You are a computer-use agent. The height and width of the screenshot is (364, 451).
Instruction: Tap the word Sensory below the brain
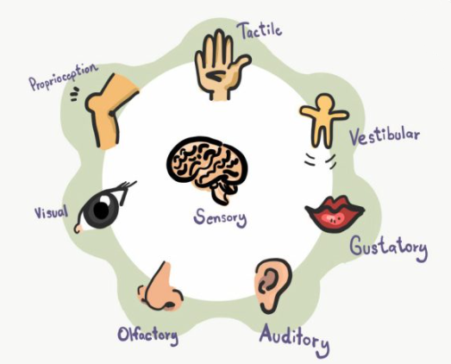[x=220, y=218]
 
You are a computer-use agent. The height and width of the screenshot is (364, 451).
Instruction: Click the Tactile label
[x=260, y=30]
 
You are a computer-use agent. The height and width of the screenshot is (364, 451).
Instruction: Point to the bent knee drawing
[x=110, y=110]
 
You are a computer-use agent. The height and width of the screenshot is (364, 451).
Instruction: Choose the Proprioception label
[x=64, y=77]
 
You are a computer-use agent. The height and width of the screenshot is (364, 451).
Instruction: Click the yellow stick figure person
[x=324, y=119]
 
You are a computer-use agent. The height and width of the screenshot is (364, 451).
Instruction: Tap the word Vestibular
[x=385, y=136]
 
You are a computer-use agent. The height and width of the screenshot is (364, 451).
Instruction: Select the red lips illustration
[x=335, y=214]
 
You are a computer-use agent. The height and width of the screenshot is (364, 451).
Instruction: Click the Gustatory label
[x=389, y=248]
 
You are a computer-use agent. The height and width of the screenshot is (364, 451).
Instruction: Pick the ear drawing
[x=272, y=286]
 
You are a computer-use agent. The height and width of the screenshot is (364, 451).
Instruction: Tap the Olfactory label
[x=147, y=336]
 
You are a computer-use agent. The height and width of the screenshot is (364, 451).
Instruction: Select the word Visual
[x=51, y=213]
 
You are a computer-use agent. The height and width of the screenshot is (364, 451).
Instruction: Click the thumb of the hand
[x=241, y=63]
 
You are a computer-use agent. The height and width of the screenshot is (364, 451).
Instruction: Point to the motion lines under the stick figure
[x=320, y=160]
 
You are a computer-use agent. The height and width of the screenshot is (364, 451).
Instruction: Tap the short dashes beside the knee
[x=74, y=94]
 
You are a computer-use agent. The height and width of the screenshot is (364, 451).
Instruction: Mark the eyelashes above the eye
[x=126, y=189]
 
